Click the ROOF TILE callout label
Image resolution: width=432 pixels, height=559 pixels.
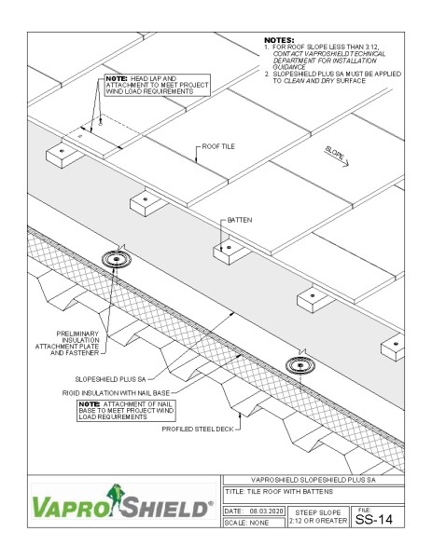pyautogui.click(x=220, y=147)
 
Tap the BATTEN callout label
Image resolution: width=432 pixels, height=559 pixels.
pyautogui.click(x=240, y=220)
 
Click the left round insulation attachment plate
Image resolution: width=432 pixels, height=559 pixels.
pyautogui.click(x=118, y=258)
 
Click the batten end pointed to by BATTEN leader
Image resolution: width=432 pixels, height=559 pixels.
pyautogui.click(x=228, y=249)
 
